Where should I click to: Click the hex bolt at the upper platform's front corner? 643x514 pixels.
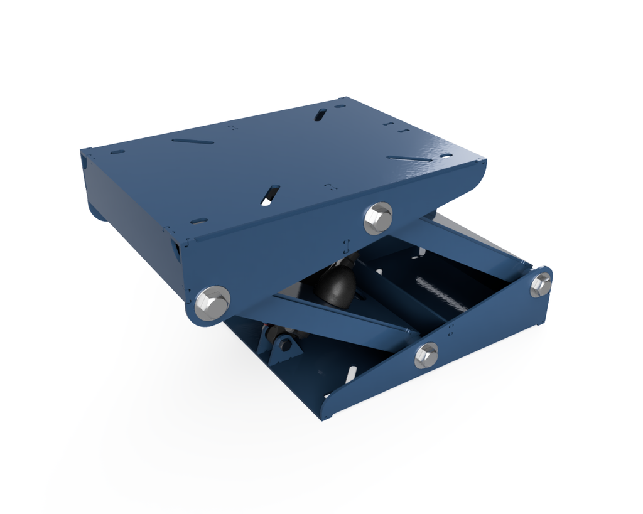[212, 303]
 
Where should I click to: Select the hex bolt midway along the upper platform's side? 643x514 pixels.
[378, 218]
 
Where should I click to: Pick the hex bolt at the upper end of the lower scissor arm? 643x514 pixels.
[541, 284]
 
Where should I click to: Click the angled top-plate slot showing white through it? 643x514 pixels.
[271, 194]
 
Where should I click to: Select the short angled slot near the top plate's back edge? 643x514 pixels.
[320, 114]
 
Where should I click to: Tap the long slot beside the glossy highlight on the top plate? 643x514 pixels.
[409, 158]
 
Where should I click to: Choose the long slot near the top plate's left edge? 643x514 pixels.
[193, 141]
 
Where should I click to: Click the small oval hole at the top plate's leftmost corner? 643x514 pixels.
[117, 152]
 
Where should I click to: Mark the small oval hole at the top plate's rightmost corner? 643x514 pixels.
[446, 155]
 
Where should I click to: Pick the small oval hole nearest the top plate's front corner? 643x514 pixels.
[199, 221]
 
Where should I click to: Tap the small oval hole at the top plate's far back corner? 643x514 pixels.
[340, 106]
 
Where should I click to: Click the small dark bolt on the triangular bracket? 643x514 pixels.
[284, 345]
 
